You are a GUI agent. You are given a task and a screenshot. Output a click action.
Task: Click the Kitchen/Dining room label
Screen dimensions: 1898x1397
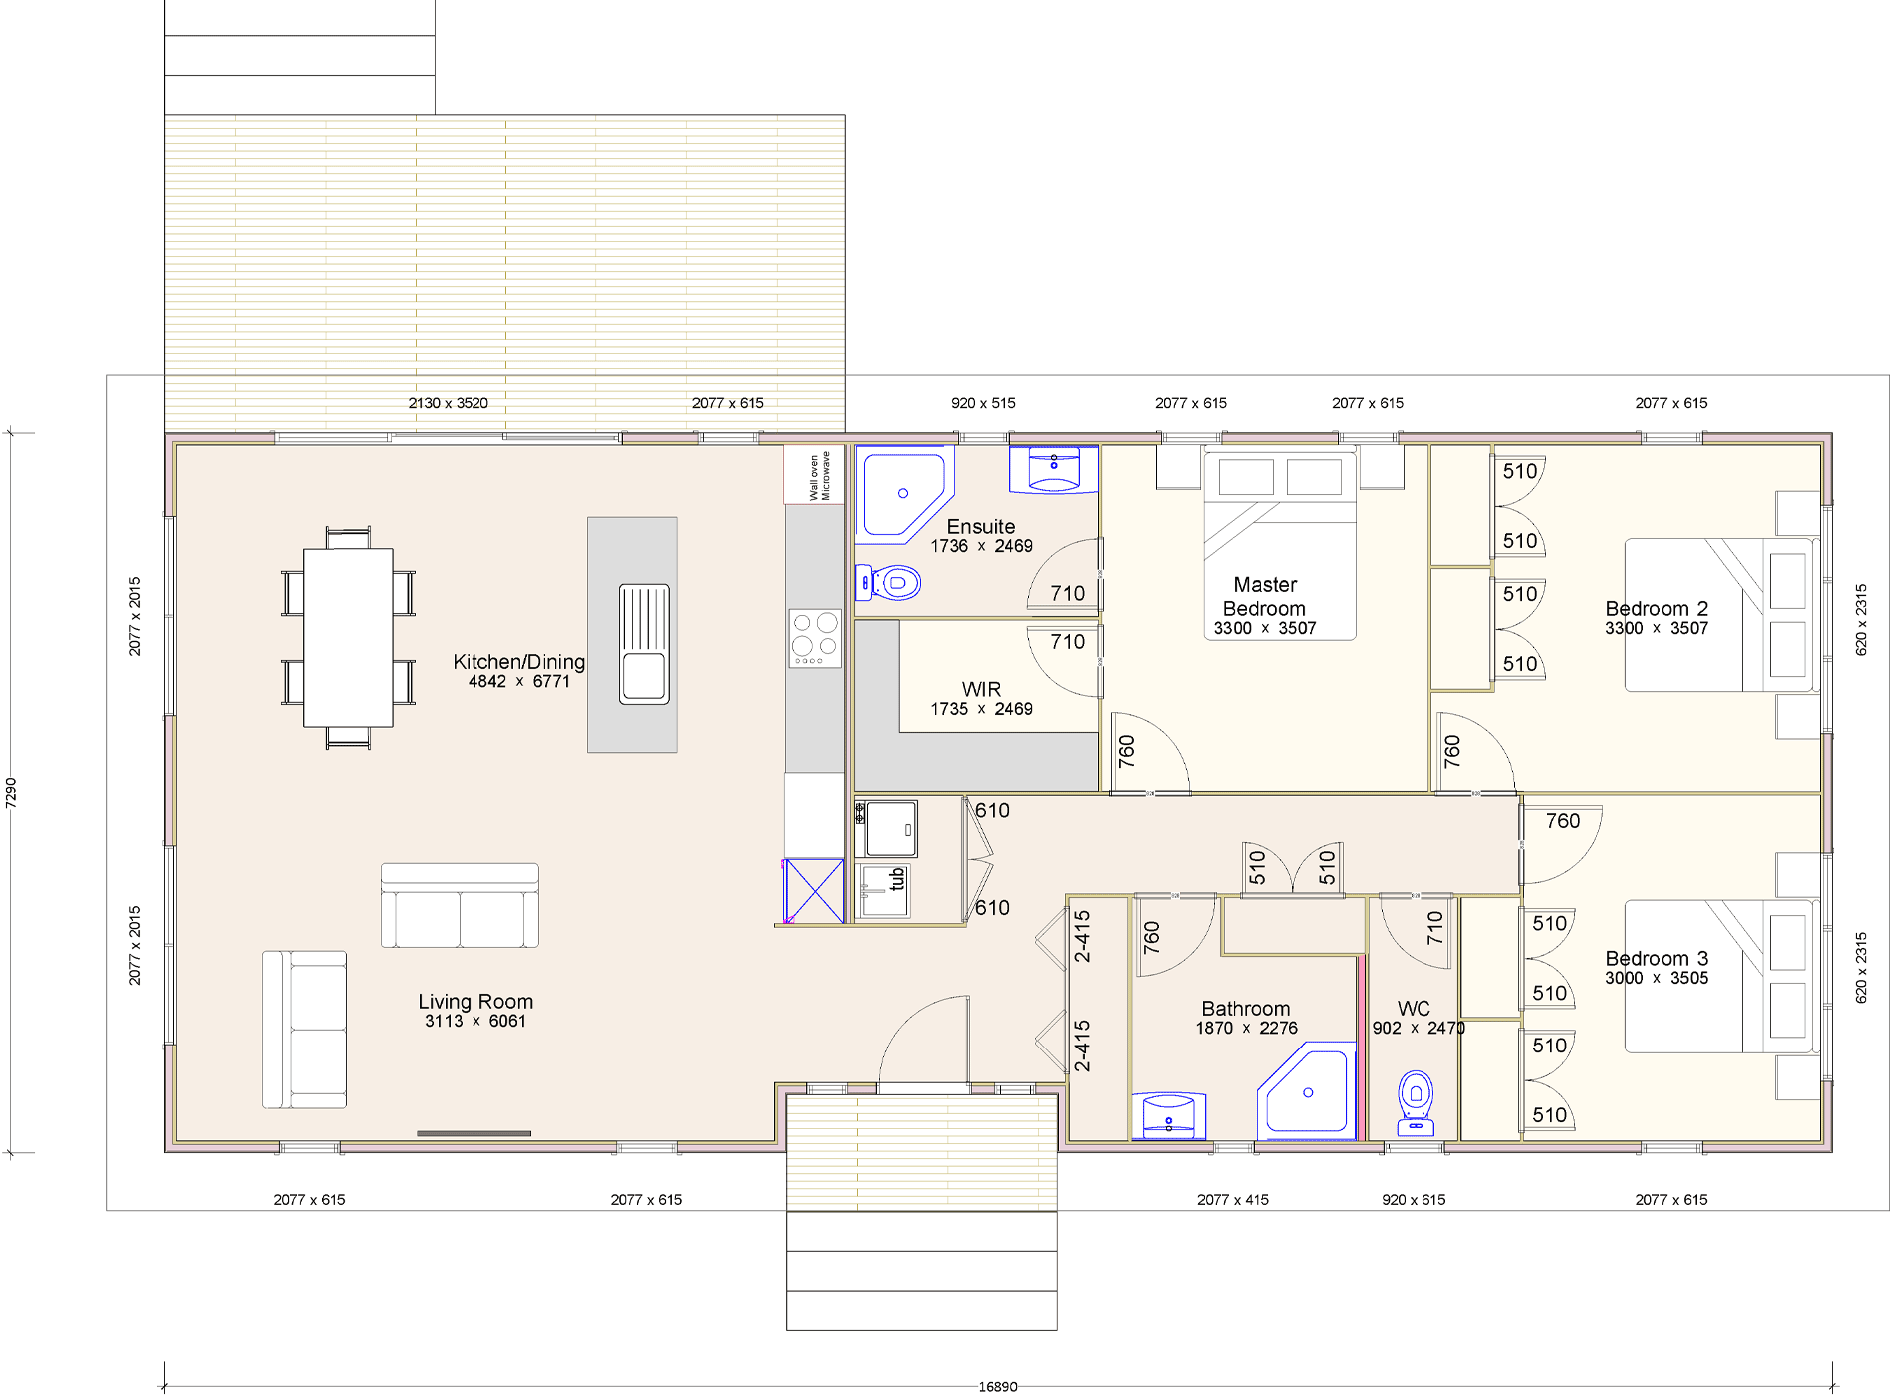[518, 661]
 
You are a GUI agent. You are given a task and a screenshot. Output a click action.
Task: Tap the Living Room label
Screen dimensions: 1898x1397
[475, 1001]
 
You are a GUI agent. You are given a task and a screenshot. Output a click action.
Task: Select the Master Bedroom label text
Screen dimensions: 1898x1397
[1265, 596]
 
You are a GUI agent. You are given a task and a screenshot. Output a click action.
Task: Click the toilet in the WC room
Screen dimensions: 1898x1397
[1416, 1103]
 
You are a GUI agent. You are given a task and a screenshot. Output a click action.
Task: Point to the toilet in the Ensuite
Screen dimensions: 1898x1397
[887, 582]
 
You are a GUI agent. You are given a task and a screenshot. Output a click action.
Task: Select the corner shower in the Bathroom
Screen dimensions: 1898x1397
[1306, 1090]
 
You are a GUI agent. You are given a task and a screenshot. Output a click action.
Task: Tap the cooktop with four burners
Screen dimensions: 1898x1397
[815, 638]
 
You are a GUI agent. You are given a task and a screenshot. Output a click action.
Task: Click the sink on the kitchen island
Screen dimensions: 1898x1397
[644, 644]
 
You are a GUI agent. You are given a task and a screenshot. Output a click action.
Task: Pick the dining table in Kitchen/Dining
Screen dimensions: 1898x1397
[348, 637]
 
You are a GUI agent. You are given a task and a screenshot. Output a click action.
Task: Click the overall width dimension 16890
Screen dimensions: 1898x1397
[998, 1386]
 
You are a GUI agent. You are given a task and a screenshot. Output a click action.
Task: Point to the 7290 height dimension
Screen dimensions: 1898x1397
[11, 792]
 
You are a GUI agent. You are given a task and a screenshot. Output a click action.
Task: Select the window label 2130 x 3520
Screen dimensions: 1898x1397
[449, 403]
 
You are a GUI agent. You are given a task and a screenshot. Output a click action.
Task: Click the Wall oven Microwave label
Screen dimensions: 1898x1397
[819, 476]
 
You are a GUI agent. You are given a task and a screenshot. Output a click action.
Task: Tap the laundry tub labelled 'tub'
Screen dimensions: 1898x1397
[885, 890]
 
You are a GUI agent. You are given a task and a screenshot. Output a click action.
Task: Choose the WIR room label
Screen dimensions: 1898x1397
[981, 689]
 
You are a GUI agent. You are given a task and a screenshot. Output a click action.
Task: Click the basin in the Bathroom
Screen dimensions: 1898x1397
[1169, 1116]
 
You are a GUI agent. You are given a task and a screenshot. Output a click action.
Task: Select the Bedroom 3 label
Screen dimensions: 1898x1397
[1656, 958]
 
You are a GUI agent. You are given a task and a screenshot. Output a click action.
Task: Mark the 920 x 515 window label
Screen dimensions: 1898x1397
[983, 403]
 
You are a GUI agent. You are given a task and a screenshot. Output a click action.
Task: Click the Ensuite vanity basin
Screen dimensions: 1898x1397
[1054, 469]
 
